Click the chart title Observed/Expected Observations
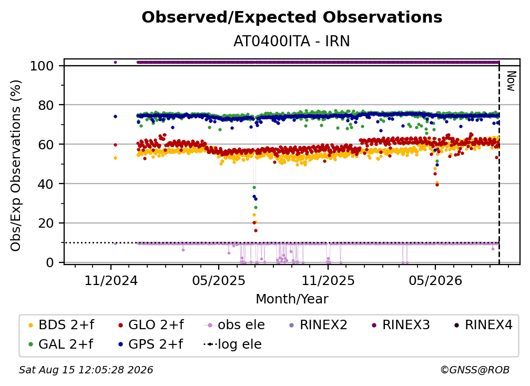pyautogui.click(x=292, y=17)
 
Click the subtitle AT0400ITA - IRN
pyautogui.click(x=292, y=41)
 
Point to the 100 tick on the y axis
pyautogui.click(x=42, y=66)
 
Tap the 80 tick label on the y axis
pyautogui.click(x=46, y=105)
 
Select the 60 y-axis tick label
pyautogui.click(x=46, y=144)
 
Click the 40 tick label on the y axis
pyautogui.click(x=46, y=184)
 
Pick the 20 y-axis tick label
pyautogui.click(x=46, y=223)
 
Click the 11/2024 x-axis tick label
pyautogui.click(x=111, y=280)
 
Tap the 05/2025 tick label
pyautogui.click(x=219, y=280)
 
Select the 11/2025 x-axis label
pyautogui.click(x=328, y=280)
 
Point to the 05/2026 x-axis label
pyautogui.click(x=435, y=280)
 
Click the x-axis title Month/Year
pyautogui.click(x=292, y=299)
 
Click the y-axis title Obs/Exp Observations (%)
pyautogui.click(x=16, y=166)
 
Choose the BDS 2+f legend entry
pyautogui.click(x=61, y=325)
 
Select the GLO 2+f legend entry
pyautogui.click(x=151, y=325)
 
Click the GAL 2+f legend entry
pyautogui.click(x=60, y=344)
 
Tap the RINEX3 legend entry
pyautogui.click(x=401, y=325)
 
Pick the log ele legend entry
pyautogui.click(x=232, y=344)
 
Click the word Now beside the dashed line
pyautogui.click(x=512, y=81)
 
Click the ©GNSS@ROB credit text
pyautogui.click(x=475, y=370)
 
